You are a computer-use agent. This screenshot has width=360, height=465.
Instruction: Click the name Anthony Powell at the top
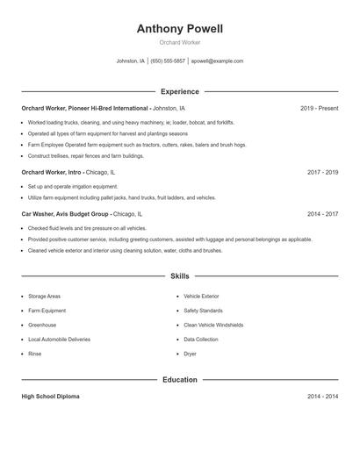[x=179, y=29]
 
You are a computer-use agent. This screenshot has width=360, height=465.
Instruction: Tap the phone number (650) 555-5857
[x=168, y=61]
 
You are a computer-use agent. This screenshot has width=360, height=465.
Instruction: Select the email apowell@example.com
[x=217, y=61]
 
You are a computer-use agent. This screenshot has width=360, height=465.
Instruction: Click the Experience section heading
[x=179, y=91]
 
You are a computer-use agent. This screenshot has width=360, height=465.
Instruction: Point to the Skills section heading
[x=179, y=275]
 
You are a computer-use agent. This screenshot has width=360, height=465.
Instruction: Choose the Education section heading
[x=179, y=380]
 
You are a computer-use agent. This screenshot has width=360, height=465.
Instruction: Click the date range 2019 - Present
[x=319, y=108]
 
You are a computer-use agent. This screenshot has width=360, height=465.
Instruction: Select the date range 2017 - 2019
[x=322, y=173]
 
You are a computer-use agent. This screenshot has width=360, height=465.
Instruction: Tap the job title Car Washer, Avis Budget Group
[x=65, y=213]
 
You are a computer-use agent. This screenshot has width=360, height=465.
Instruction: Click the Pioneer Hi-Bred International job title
[x=85, y=108]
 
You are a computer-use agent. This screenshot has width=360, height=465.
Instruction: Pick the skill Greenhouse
[x=42, y=325]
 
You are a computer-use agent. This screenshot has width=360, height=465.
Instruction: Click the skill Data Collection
[x=201, y=339]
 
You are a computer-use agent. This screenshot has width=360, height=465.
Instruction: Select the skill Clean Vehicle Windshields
[x=212, y=325]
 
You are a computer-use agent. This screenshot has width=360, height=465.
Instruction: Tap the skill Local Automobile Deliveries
[x=59, y=339]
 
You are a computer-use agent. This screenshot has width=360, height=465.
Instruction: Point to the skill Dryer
[x=190, y=354]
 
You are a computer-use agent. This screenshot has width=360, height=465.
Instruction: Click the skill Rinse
[x=35, y=354]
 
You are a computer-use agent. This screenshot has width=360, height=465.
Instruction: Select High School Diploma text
[x=50, y=397]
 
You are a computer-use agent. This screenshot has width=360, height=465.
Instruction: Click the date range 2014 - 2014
[x=322, y=397]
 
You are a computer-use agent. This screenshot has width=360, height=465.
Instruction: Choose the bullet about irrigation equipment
[x=72, y=187]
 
